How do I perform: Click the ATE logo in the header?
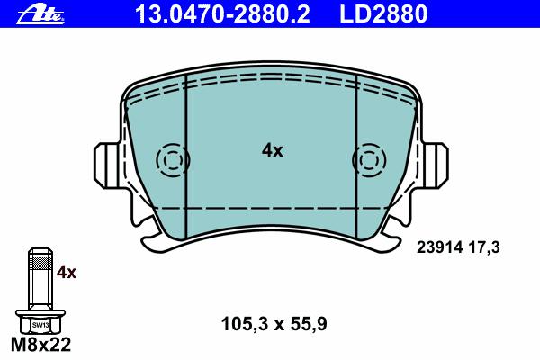(x=40, y=15)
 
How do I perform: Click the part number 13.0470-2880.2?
(x=222, y=13)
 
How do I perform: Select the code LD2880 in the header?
(x=383, y=13)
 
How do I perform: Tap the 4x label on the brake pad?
(x=272, y=150)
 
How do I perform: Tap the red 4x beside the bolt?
(x=67, y=273)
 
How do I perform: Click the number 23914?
(x=439, y=247)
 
